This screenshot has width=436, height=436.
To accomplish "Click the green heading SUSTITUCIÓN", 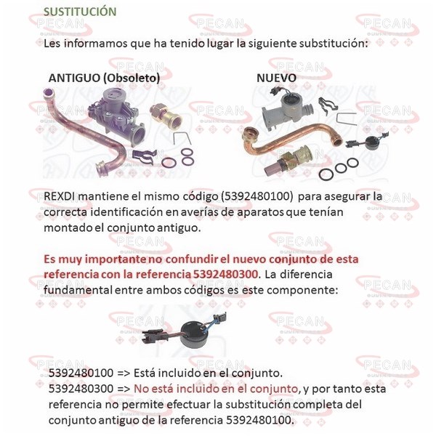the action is [80, 12].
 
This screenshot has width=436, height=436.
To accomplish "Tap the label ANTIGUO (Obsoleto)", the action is [104, 78].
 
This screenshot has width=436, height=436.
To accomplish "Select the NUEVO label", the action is [276, 78].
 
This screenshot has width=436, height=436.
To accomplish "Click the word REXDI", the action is [60, 196].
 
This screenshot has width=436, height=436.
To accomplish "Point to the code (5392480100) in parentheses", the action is [257, 196].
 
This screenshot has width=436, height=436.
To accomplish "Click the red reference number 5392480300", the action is [225, 275].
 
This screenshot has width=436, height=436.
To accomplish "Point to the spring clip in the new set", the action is [328, 106].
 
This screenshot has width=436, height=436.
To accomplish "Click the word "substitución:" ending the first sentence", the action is [334, 44].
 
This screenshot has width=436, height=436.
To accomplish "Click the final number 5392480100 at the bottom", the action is [259, 420].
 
